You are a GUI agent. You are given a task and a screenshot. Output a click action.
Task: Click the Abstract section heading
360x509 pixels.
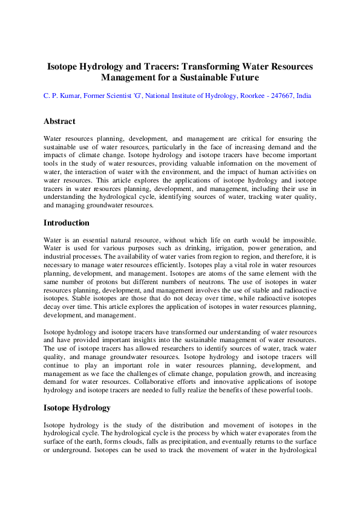coord(59,122)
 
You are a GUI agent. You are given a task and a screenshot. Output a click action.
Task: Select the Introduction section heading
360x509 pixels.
coord(67,223)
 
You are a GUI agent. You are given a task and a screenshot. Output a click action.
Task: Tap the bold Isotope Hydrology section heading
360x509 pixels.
coord(77,407)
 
